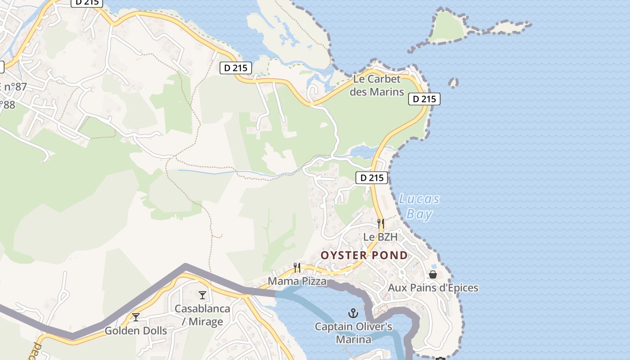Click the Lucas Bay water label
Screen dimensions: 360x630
point(419,207)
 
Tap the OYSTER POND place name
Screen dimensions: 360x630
point(364,256)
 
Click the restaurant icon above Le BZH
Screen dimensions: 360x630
point(381,223)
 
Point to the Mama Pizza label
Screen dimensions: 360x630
point(297,281)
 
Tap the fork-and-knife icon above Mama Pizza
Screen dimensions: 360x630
point(297,268)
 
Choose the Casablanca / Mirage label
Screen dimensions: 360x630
point(202,315)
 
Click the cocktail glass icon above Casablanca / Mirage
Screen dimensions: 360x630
point(202,295)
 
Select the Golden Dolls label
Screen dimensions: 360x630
point(136,331)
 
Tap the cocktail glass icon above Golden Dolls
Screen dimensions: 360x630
point(136,317)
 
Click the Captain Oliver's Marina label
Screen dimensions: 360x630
point(353,333)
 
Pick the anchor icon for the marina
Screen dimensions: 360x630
point(353,313)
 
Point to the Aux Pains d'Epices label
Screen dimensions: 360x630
point(433,288)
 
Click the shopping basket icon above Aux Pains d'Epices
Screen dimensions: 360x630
point(433,274)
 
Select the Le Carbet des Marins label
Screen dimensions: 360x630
point(377,85)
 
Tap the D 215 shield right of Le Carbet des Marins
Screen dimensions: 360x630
point(424,99)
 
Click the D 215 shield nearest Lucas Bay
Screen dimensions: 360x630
point(372,178)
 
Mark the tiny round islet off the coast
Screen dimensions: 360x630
point(454,82)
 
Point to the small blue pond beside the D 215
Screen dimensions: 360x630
point(363,152)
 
